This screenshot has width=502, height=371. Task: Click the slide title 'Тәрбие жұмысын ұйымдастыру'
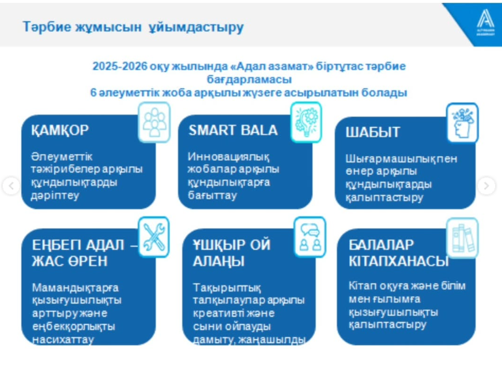[x=133, y=27]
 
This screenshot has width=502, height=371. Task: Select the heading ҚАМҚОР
[x=60, y=130]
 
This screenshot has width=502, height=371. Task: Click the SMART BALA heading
[x=233, y=130]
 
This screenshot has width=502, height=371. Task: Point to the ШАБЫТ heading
[x=373, y=132]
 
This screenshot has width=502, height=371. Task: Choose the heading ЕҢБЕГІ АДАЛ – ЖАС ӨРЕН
[x=84, y=253]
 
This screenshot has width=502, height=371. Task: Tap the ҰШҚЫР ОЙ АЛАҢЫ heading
[x=232, y=253]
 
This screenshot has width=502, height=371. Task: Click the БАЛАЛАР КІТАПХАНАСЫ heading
[x=399, y=253]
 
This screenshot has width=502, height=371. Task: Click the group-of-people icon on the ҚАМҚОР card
[x=154, y=122]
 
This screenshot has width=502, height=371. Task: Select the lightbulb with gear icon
[x=306, y=122]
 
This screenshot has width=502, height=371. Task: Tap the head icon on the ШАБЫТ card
[x=462, y=123]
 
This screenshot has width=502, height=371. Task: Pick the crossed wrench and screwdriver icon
[x=154, y=237]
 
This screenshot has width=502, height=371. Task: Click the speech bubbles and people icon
[x=310, y=237]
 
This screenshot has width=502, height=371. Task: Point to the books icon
[x=462, y=238]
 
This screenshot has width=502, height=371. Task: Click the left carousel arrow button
[x=11, y=185]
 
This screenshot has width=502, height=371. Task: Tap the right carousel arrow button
[x=486, y=185]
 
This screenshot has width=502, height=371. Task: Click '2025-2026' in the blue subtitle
[x=120, y=66]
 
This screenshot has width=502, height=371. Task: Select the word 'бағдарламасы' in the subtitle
[x=249, y=79]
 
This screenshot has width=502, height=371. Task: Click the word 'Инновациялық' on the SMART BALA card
[x=229, y=157]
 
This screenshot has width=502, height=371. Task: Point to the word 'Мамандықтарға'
[x=75, y=288]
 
